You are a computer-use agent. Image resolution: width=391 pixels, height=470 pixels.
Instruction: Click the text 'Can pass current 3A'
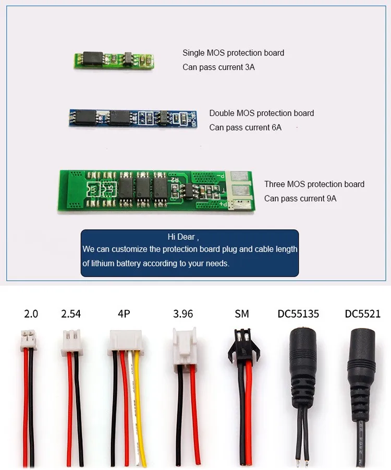coord(218,67)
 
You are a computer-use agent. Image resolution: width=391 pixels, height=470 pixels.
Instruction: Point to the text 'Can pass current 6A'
coord(245,127)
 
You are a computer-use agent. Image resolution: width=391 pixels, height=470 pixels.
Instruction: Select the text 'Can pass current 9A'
coord(300,198)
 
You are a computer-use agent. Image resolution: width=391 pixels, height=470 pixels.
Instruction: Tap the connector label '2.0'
coord(31,314)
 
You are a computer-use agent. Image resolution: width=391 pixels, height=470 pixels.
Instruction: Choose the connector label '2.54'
coord(71,314)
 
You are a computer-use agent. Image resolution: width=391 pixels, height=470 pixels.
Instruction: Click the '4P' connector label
coord(124,314)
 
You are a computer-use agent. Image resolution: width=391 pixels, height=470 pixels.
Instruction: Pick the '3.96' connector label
coord(183,314)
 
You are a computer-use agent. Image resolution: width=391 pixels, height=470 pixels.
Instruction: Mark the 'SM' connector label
coord(241,314)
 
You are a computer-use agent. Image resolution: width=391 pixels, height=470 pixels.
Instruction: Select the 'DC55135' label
coord(298,314)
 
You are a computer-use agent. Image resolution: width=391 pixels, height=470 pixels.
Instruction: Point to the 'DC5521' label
coord(362,314)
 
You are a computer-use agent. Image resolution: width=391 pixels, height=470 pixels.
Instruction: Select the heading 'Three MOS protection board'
coord(314,184)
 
